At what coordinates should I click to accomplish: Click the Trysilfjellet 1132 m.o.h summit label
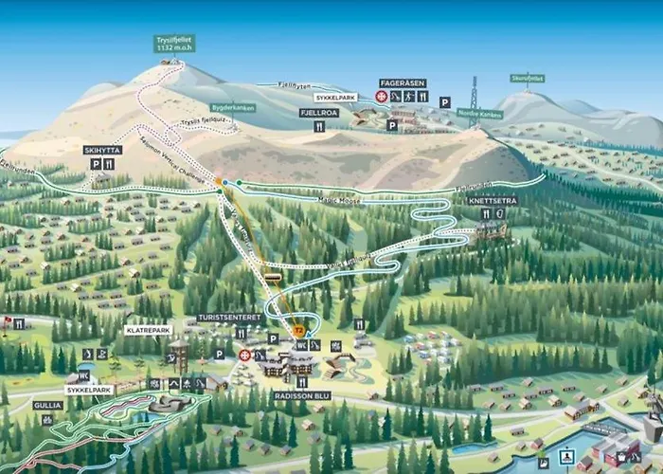tap(174, 44)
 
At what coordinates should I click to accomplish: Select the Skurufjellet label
tap(528, 78)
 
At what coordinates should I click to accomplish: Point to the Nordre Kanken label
tap(480, 114)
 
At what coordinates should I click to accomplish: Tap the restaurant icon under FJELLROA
tap(319, 125)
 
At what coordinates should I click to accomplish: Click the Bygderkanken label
tap(233, 108)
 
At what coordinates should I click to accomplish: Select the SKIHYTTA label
tap(101, 150)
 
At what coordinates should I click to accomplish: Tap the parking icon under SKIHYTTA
tap(95, 164)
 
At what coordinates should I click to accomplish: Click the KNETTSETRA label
tap(493, 201)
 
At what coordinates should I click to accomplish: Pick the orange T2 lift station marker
tap(298, 330)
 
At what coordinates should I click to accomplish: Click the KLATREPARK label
tap(148, 330)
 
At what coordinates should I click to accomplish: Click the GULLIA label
tap(47, 405)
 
